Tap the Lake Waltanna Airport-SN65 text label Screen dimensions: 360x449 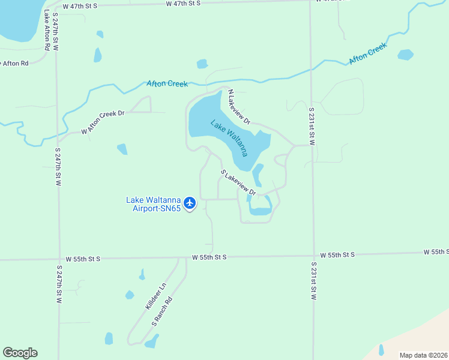[x=153, y=205]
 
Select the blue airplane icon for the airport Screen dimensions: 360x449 [x=190, y=203]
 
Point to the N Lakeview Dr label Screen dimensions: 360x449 [x=238, y=107]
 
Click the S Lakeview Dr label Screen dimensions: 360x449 [x=238, y=184]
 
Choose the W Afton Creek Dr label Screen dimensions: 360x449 [x=103, y=122]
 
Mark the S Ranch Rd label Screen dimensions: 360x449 [x=162, y=311]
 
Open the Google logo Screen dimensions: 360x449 [x=20, y=353]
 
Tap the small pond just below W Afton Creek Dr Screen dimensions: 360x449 [x=122, y=149]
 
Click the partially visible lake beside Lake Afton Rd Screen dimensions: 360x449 [x=18, y=21]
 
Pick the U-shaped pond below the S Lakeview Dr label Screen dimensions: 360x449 [x=261, y=206]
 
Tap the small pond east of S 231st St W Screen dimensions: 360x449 [x=406, y=55]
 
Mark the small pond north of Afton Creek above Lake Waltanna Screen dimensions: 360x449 [x=202, y=64]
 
